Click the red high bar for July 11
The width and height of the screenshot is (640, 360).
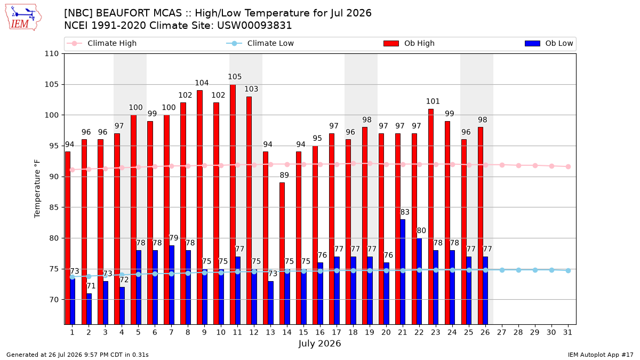pos(233,204)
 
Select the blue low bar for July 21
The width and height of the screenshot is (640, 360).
pos(403,271)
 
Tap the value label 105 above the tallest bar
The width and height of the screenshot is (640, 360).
pos(235,77)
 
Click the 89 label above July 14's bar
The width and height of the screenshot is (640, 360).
pos(284,175)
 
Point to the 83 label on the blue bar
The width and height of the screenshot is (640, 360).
pos(405,212)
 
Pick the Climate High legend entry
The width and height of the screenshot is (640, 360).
pos(102,43)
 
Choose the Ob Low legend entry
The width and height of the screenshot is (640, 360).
pos(549,43)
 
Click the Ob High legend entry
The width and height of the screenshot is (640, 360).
pos(409,43)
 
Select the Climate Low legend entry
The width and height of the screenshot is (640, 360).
pos(260,43)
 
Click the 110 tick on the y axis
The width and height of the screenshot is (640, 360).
pos(51,54)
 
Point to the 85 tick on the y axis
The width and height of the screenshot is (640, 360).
pos(54,207)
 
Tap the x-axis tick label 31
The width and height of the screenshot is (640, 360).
pos(567,332)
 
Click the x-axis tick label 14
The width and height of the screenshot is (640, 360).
pos(287,332)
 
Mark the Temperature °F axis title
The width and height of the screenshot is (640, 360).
pos(37,189)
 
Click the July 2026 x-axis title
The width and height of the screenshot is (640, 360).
pos(319,343)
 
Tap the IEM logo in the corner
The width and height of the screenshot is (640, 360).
pos(23,18)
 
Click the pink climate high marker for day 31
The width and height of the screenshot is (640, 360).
pos(568,166)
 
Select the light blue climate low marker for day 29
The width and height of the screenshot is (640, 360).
pos(535,270)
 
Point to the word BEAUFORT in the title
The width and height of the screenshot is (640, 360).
pos(139,13)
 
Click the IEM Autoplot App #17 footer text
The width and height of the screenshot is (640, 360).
pos(601,355)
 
